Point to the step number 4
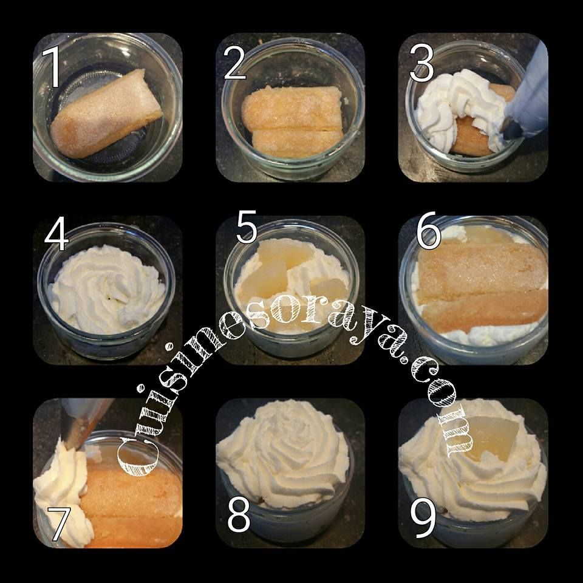(x=56, y=237)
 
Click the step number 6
(x=428, y=233)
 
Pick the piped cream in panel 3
(x=449, y=109)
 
